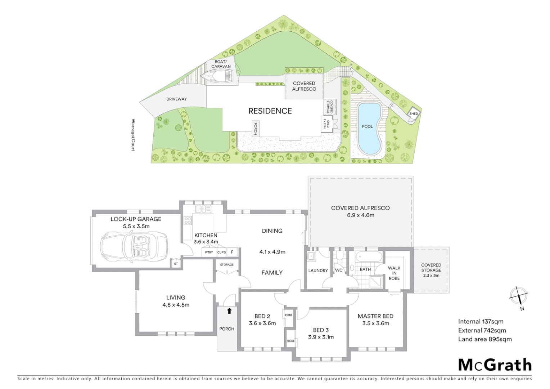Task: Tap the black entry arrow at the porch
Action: tap(229, 311)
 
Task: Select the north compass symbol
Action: tap(519, 297)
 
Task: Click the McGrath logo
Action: tap(495, 365)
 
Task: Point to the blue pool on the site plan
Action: tap(369, 128)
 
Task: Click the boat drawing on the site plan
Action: tap(217, 76)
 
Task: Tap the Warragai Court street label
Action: tap(133, 135)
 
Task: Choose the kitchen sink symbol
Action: tap(203, 209)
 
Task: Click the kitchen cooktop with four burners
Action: tap(188, 220)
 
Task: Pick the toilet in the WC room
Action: tap(339, 256)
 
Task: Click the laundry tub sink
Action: tap(311, 257)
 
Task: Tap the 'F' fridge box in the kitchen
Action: tap(232, 252)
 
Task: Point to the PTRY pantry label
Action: tap(209, 252)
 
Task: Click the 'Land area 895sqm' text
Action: tap(484, 339)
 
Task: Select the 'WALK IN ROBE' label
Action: tap(394, 273)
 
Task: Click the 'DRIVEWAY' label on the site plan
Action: tap(176, 99)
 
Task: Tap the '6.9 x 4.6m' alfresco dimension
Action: tap(360, 215)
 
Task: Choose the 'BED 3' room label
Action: tap(321, 330)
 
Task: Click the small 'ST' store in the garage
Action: tap(176, 264)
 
